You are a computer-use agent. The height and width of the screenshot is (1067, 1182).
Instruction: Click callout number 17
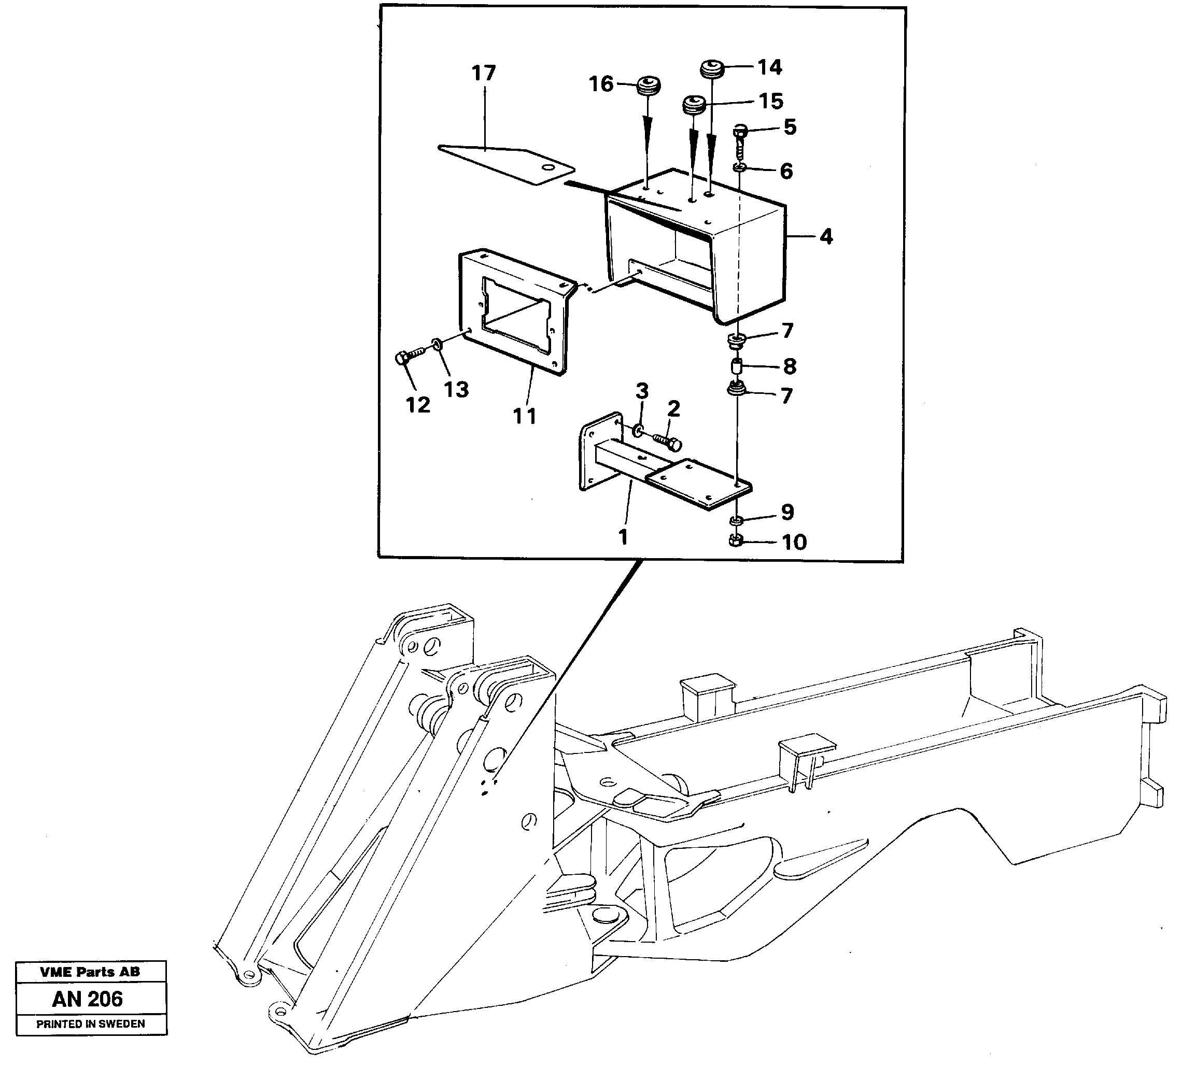tap(484, 73)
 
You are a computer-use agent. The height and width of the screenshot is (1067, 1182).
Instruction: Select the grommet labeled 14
tap(713, 69)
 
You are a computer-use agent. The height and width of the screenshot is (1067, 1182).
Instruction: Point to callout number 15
tap(771, 102)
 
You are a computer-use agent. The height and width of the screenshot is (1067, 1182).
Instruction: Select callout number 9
tap(787, 512)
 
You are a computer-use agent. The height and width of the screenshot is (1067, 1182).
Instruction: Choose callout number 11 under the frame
tap(525, 416)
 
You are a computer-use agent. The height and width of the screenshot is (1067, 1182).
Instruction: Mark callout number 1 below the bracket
tap(623, 537)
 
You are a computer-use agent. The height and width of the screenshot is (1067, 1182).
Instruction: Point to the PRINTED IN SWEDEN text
tap(91, 1023)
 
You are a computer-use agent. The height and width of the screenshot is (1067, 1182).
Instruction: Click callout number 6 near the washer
tap(786, 172)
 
